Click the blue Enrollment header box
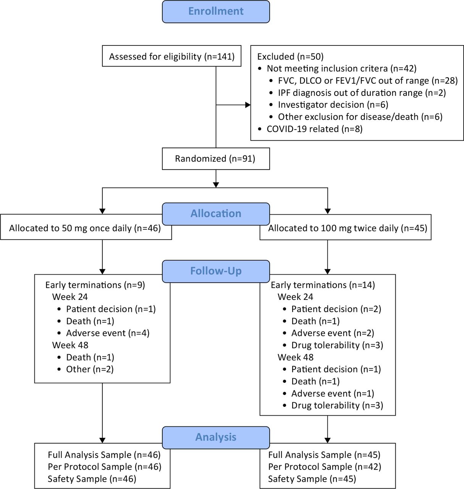pyautogui.click(x=216, y=12)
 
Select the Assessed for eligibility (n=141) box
pyautogui.click(x=171, y=56)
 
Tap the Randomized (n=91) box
pyautogui.click(x=216, y=159)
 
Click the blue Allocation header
pyautogui.click(x=216, y=214)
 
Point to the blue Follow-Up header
pyautogui.click(x=216, y=271)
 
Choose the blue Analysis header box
pyautogui.click(x=216, y=437)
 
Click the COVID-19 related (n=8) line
pyautogui.click(x=315, y=129)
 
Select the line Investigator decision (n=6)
pyautogui.click(x=333, y=105)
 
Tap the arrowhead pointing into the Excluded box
pyautogui.click(x=248, y=105)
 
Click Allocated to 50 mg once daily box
pyautogui.click(x=86, y=227)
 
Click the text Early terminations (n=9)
pyautogui.click(x=95, y=285)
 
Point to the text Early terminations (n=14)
pyautogui.click(x=323, y=285)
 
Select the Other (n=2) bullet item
pyautogui.click(x=90, y=369)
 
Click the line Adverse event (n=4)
pyautogui.click(x=108, y=333)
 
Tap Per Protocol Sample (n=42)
pyautogui.click(x=325, y=467)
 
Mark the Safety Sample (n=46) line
pyautogui.click(x=92, y=479)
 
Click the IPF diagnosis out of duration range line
pyautogui.click(x=362, y=93)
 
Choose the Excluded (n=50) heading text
pyautogui.click(x=291, y=57)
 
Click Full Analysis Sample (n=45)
pyautogui.click(x=324, y=455)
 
